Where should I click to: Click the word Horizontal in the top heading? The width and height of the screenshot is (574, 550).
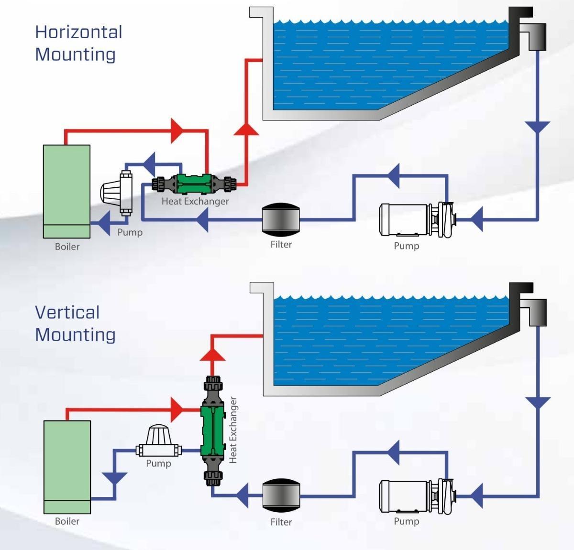(78, 32)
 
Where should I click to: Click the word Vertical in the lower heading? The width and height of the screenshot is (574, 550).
(67, 313)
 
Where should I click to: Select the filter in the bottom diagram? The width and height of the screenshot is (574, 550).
(281, 496)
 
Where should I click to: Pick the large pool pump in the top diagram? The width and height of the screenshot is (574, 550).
(416, 220)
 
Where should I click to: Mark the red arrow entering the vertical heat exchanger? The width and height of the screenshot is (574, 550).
(177, 410)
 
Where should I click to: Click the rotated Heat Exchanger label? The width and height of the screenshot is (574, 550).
(233, 430)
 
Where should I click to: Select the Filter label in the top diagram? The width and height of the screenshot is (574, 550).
(281, 244)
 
